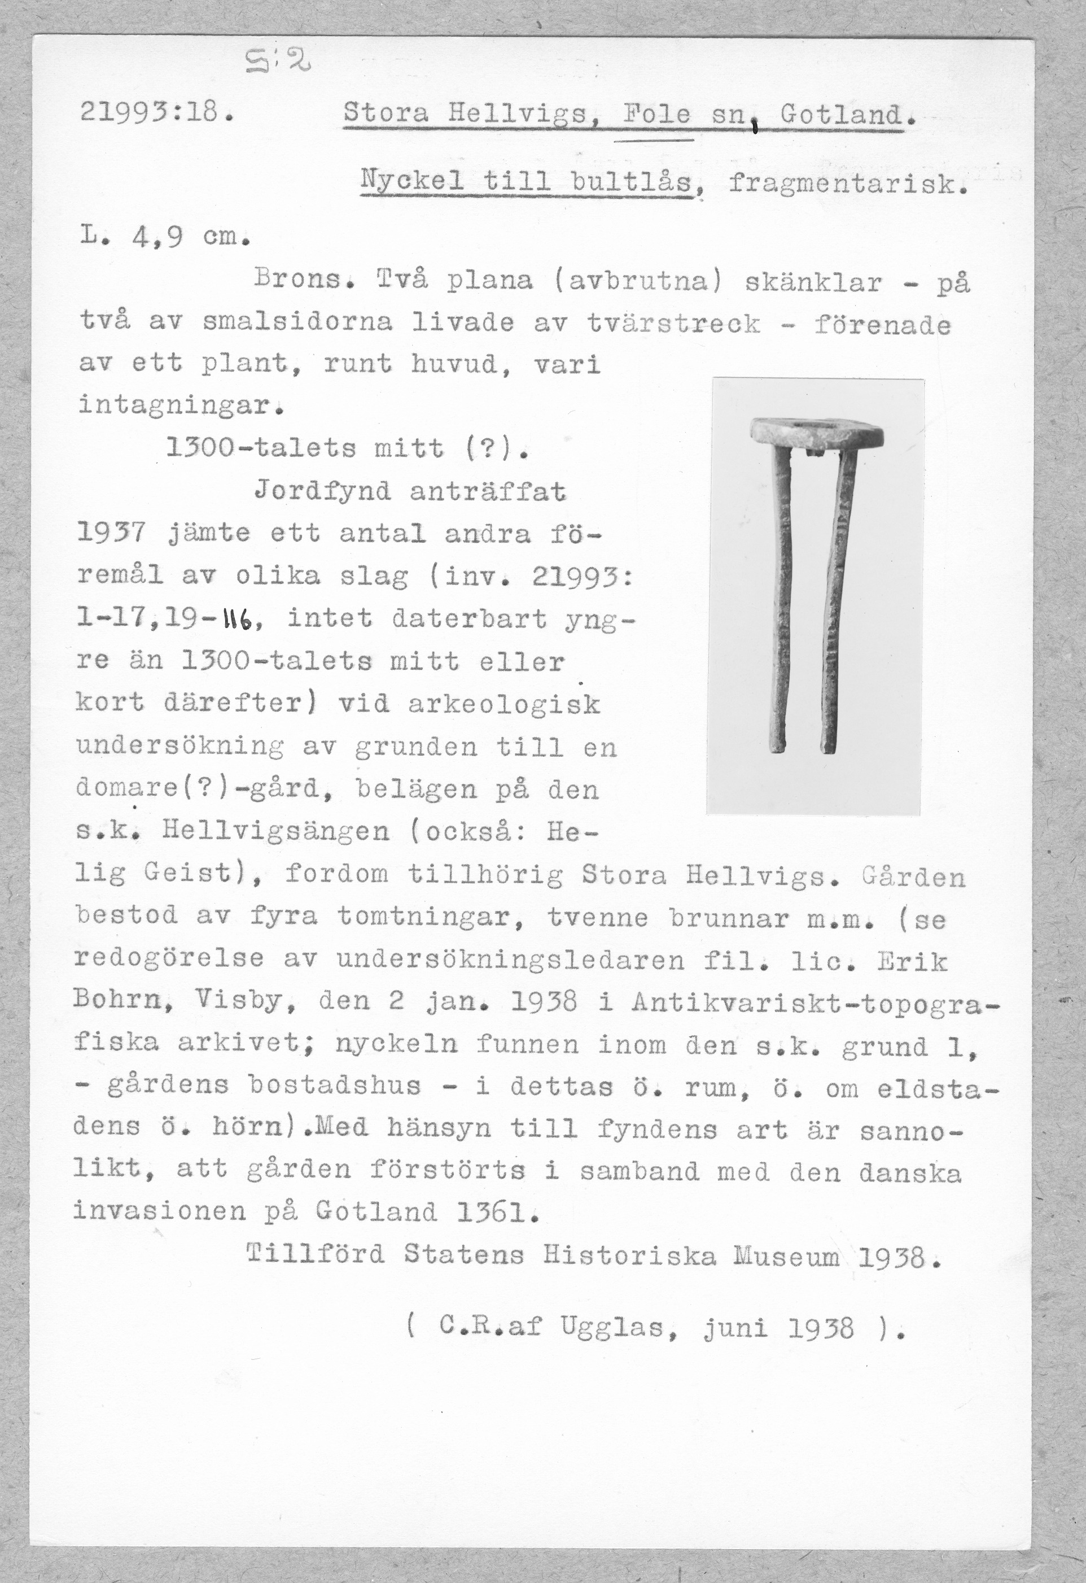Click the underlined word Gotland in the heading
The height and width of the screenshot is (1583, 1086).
point(842,114)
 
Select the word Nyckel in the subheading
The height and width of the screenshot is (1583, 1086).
point(412,181)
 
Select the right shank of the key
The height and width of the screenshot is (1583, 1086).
point(835,599)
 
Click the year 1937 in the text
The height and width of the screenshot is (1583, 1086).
point(111,533)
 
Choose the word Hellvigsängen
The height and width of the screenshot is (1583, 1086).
point(276,830)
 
